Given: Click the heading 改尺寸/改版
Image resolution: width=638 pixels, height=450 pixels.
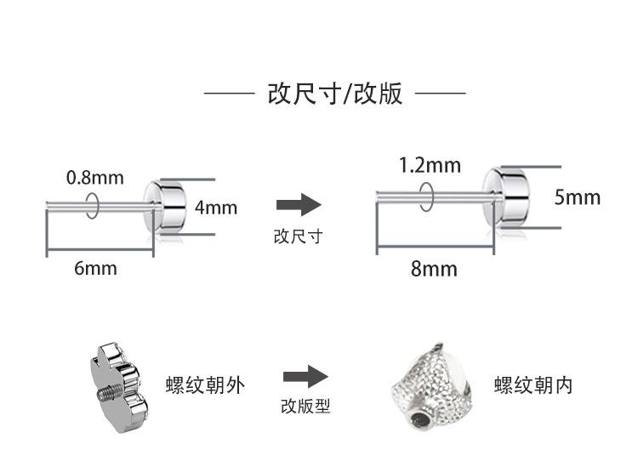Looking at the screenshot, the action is click(x=334, y=94).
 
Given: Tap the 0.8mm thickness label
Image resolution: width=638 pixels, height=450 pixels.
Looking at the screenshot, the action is click(x=94, y=178).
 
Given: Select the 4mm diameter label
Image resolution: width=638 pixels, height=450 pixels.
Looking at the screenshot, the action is click(x=216, y=208).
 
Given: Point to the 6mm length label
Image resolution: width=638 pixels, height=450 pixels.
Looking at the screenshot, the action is click(x=95, y=269).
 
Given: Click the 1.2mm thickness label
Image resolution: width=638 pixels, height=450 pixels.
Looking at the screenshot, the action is click(x=430, y=165).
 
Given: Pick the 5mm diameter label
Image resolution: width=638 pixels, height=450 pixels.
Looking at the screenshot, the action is click(x=578, y=197).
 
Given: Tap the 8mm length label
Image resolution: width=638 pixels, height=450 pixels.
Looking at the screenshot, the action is click(x=434, y=270).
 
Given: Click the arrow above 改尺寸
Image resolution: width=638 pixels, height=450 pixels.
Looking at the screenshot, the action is click(x=299, y=204).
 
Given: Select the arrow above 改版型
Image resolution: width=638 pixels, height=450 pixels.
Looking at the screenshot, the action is click(x=305, y=376).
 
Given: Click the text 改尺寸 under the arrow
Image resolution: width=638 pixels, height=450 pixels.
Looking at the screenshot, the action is click(x=298, y=236).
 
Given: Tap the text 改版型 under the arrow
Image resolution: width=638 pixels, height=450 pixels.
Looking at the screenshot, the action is click(x=305, y=407).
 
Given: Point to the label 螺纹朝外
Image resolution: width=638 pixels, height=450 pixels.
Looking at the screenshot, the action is click(x=205, y=385).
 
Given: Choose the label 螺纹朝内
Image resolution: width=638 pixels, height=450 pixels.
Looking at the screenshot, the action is click(x=533, y=385).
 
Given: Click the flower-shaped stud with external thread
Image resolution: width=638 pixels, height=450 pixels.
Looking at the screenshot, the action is click(x=116, y=379).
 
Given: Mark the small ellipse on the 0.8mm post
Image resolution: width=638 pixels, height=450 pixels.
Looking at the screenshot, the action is click(x=93, y=206).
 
